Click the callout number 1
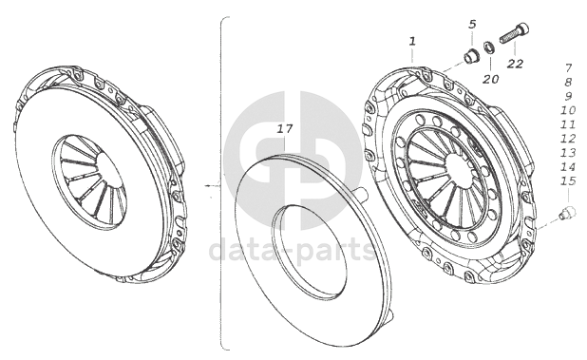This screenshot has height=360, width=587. tap(412, 41)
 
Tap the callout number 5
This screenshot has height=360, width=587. tap(472, 25)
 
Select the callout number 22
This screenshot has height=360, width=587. tap(515, 64)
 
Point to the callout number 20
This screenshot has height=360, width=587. tap(490, 79)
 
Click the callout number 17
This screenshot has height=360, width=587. tap(285, 129)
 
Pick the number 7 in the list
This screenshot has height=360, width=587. tap(568, 68)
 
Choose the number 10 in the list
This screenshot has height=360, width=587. tap(568, 110)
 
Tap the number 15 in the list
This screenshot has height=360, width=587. tap(568, 181)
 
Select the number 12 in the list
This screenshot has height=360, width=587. tap(568, 139)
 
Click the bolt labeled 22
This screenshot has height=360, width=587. tap(515, 33)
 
